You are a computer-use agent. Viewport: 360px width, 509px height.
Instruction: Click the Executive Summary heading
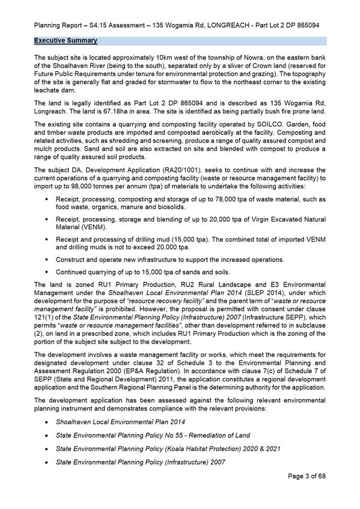(x=65, y=41)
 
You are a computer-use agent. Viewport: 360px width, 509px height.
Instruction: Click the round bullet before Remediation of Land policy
(x=47, y=435)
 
